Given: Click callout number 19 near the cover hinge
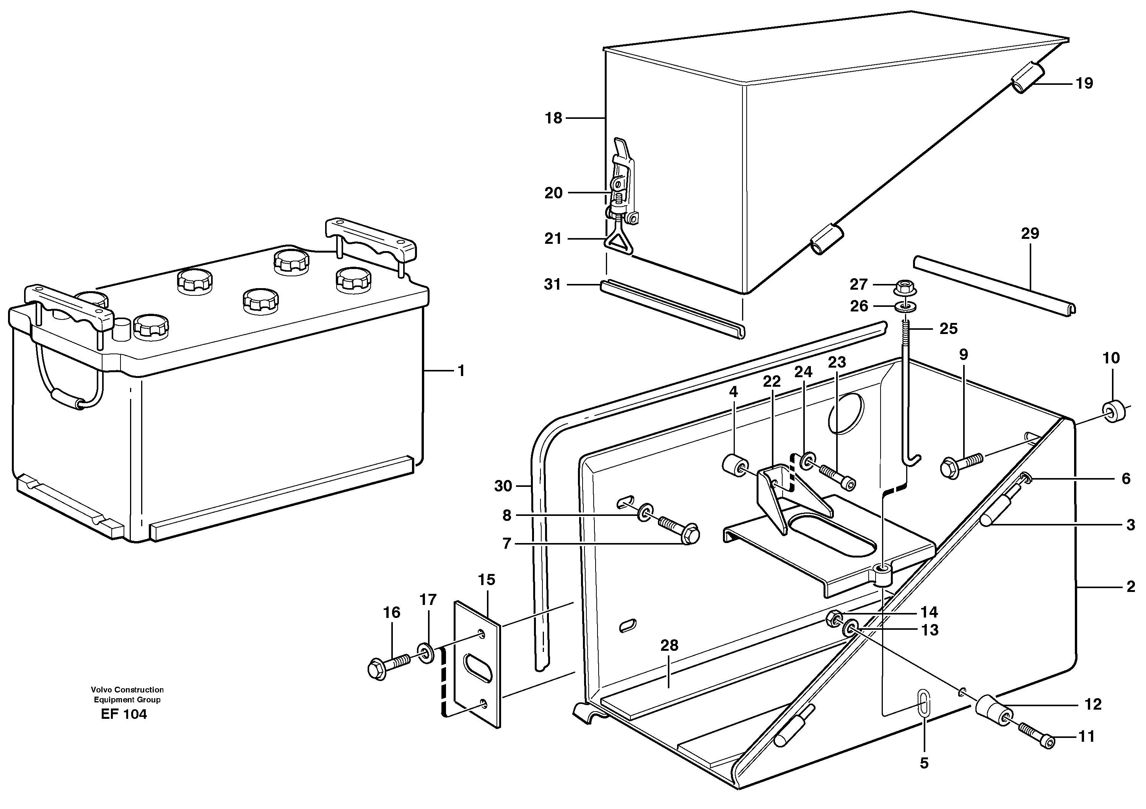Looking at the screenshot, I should pos(1084,83).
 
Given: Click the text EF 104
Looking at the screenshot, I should pos(124,714).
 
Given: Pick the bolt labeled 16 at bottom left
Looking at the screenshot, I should pos(384,667).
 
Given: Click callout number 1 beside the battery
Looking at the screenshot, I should pos(461,371).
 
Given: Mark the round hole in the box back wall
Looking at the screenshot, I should pos(845,412).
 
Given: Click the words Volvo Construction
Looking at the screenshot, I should pos(127,690).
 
